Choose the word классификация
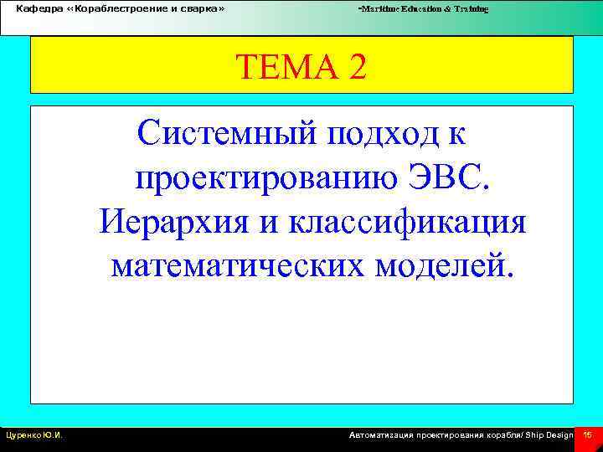(x=408, y=223)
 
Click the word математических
(x=236, y=266)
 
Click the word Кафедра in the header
(x=34, y=8)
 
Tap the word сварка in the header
(x=200, y=8)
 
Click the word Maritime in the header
(x=379, y=8)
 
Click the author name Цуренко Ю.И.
(x=35, y=435)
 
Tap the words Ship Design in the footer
(x=549, y=435)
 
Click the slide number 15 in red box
(x=588, y=435)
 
